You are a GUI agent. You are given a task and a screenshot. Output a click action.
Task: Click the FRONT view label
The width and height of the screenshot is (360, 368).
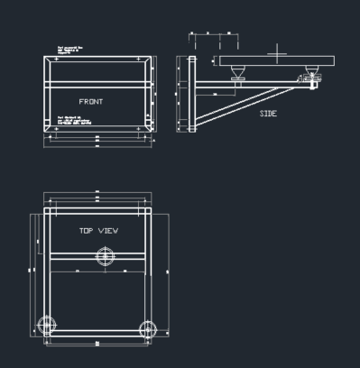click(90, 101)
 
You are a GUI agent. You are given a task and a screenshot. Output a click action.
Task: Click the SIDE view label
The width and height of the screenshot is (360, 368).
click(268, 114)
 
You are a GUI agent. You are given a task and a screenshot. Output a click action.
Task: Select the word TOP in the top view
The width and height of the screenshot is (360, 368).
click(86, 231)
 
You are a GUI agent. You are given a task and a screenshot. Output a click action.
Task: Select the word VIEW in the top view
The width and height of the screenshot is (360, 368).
click(108, 231)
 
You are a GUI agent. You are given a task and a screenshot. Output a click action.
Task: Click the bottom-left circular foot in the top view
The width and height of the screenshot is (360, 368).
click(47, 326)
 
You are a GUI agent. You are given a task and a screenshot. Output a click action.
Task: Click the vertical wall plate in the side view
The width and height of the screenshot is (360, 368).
click(191, 95)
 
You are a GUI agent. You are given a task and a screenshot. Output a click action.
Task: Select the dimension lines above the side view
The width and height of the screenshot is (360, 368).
click(215, 35)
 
